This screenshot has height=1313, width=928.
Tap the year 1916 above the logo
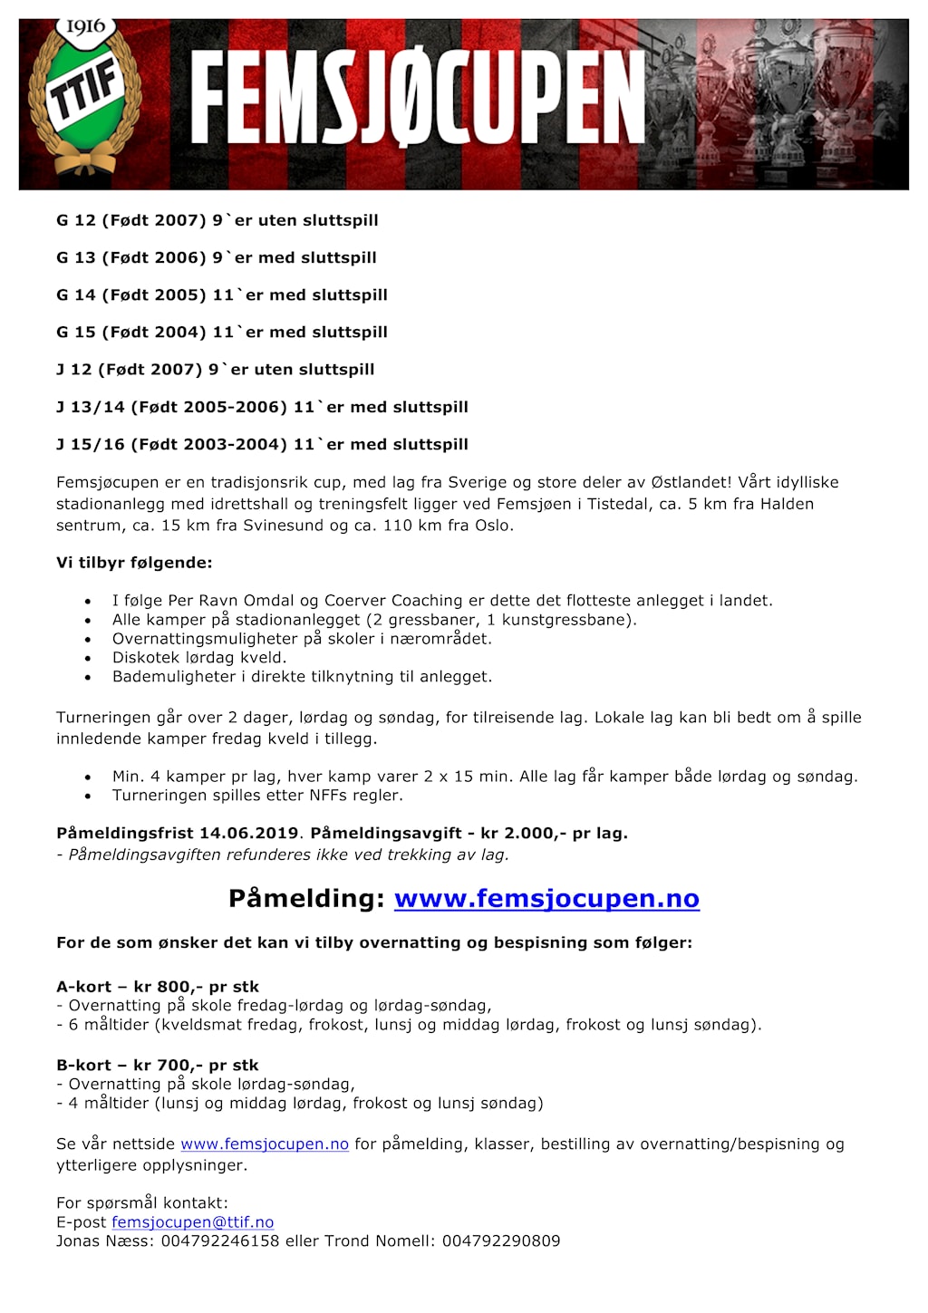85,27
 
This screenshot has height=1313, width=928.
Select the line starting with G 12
217,220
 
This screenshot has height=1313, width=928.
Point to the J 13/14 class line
262,407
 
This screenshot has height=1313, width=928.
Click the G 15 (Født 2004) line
222,332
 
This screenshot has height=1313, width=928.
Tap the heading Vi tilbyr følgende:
134,563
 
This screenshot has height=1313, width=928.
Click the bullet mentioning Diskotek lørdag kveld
199,658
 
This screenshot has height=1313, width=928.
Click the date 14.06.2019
249,833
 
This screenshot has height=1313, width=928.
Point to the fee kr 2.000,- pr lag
554,833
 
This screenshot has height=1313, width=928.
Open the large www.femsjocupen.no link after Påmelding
546,898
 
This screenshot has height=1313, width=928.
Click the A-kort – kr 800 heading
158,986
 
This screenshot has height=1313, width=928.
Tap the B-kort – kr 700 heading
158,1065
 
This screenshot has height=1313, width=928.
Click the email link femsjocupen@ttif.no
192,1222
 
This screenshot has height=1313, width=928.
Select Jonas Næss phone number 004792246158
220,1241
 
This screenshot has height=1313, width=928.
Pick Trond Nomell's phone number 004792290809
501,1241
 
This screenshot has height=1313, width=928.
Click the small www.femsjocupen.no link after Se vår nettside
265,1144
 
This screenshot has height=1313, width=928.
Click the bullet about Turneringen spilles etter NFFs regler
257,796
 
